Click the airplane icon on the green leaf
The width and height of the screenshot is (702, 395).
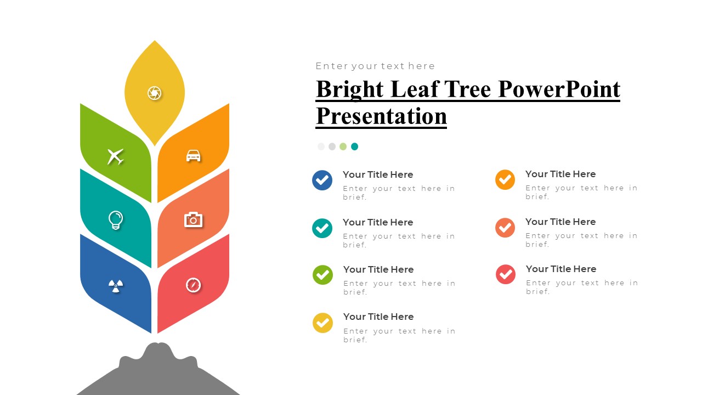click(x=115, y=156)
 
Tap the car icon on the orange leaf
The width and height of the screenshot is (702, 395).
click(x=193, y=156)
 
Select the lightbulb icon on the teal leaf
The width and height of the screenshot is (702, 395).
click(x=115, y=220)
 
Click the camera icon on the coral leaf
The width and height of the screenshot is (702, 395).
click(x=193, y=220)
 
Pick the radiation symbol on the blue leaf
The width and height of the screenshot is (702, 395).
click(x=115, y=285)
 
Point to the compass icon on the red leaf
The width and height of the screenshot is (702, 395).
click(x=193, y=285)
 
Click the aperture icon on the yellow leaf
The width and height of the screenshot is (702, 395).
click(x=155, y=93)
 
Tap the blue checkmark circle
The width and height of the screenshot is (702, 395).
click(x=322, y=180)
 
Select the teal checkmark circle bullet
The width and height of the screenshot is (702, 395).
click(x=322, y=228)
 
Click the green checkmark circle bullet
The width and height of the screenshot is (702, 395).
click(x=322, y=275)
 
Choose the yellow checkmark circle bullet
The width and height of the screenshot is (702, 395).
click(x=322, y=323)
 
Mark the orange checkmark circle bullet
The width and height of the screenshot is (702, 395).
click(x=505, y=179)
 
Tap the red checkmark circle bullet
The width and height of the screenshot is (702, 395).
click(x=505, y=274)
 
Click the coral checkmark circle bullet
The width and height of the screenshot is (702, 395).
click(x=505, y=227)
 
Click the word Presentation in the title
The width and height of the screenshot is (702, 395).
click(x=381, y=116)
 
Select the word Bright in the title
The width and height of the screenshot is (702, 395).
click(x=350, y=89)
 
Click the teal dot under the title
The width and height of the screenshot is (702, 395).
click(x=354, y=146)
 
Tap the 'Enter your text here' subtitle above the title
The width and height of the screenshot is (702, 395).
click(x=375, y=66)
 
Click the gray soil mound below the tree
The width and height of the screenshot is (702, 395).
click(x=158, y=373)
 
